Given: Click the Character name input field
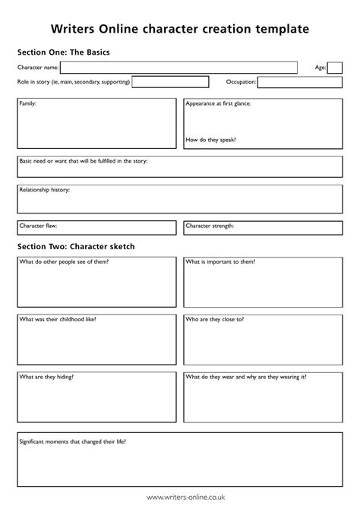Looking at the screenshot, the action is point(178,68).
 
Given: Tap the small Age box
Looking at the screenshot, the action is point(335,68).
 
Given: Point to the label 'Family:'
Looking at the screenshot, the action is point(27,103).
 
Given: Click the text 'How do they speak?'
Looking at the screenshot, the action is point(210,140).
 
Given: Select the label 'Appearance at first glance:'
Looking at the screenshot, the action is point(219,103).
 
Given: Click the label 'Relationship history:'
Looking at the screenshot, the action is point(45,190).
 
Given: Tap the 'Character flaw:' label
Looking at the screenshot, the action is point(38,226).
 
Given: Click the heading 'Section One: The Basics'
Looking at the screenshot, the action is point(64,52).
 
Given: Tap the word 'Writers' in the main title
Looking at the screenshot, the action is point(73,29).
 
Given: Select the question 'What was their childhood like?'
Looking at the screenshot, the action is point(58,320).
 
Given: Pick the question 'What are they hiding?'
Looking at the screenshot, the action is point(46,377).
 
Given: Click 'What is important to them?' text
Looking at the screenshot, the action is point(220,261).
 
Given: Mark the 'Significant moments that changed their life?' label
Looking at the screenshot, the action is point(72,441).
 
